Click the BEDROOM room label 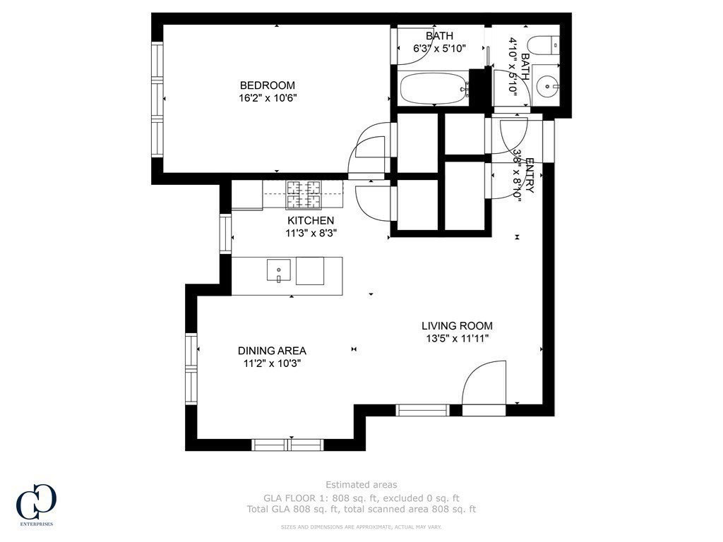(266, 85)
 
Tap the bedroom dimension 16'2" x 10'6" (266, 98)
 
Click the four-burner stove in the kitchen (303, 194)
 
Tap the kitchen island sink (279, 270)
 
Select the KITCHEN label (310, 221)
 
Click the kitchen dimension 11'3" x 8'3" (310, 234)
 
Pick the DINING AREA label (272, 351)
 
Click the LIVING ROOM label (457, 325)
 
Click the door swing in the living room (484, 385)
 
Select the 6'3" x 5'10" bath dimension (439, 49)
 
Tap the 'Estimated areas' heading (361, 484)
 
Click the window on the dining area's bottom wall (287, 445)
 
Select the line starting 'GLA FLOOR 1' (361, 497)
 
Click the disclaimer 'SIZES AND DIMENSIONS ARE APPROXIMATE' (361, 526)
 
